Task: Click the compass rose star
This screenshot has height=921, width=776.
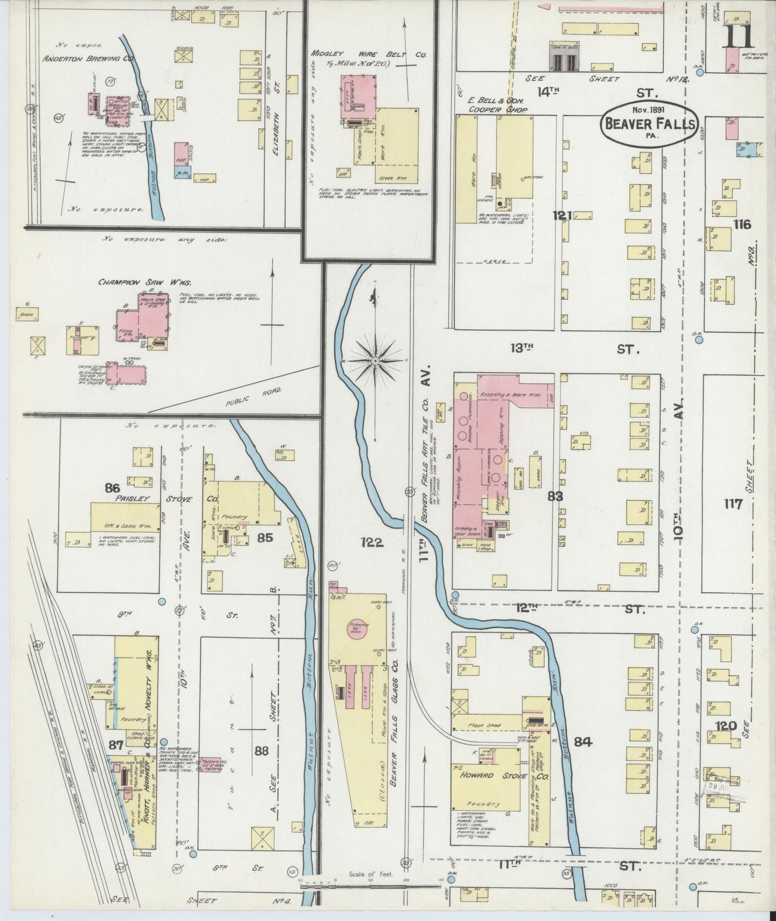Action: (375, 359)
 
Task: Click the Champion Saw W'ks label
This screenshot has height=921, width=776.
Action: (127, 282)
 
